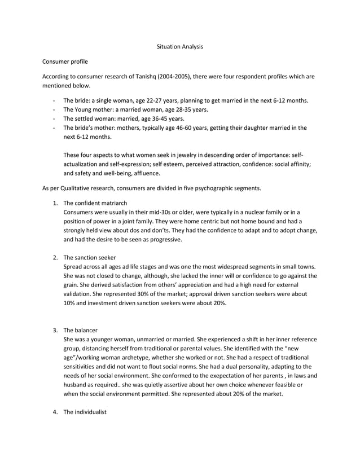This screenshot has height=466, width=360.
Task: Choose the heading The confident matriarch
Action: (95, 203)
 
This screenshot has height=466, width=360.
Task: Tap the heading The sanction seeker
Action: (89, 257)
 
